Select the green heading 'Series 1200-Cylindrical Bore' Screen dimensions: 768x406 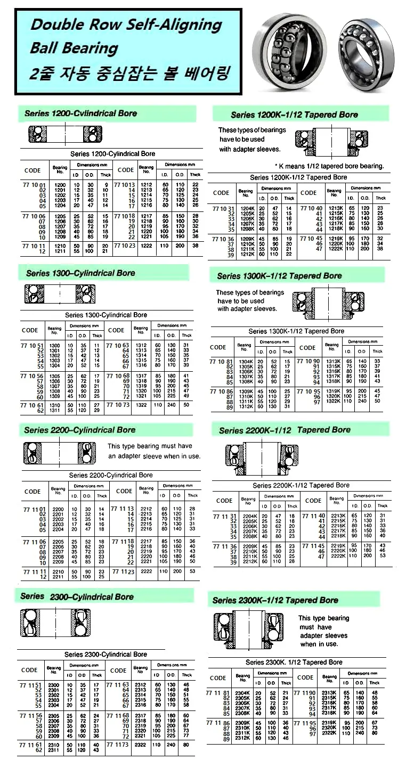(x=80, y=113)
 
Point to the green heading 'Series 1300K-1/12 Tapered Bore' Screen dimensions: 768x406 (x=279, y=276)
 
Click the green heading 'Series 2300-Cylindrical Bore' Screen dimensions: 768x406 (x=77, y=597)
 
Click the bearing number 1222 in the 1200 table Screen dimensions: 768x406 (x=147, y=246)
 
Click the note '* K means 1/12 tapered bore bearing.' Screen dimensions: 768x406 (x=329, y=166)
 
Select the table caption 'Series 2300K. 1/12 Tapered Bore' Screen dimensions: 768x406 (x=294, y=662)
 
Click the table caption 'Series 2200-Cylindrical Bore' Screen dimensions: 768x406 (x=111, y=475)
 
